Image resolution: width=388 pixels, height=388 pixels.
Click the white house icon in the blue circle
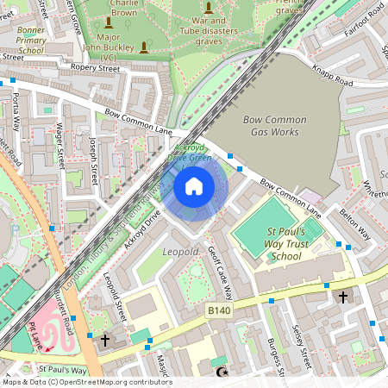point(194,185)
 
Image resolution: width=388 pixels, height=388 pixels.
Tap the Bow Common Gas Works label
point(270,125)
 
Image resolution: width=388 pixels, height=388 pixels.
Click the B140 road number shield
point(220,307)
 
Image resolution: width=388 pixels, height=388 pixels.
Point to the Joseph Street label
point(93,154)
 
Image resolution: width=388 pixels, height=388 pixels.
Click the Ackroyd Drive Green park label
point(188,152)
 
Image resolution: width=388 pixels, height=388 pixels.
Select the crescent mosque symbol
point(222,372)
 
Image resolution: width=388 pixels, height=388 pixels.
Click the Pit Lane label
point(35,335)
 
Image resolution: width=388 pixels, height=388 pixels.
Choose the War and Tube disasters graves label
point(207,32)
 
